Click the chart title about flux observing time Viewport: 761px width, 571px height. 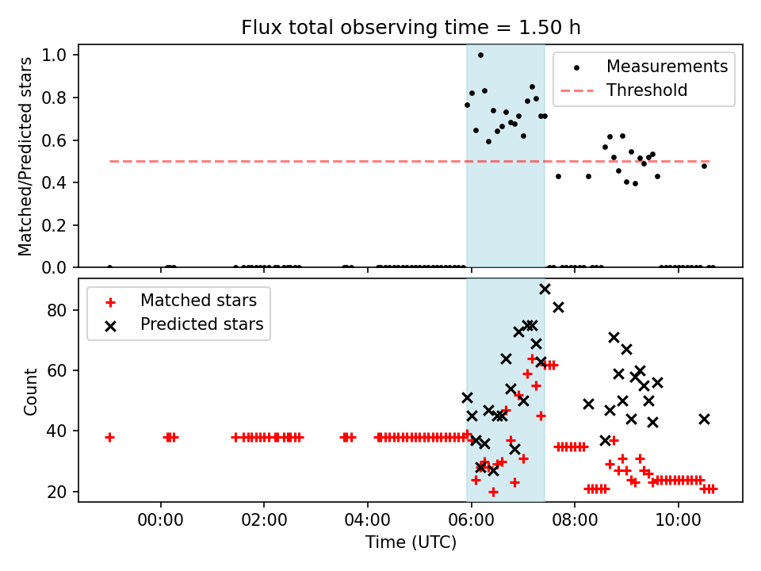tap(411, 28)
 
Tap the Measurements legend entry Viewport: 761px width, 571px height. tap(667, 67)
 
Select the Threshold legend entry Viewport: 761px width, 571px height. tap(647, 90)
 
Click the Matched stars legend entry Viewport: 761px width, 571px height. tap(198, 301)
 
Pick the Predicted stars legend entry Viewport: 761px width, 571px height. tap(201, 324)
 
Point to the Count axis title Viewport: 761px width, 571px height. tap(31, 391)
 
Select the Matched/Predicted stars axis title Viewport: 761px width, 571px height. tap(25, 156)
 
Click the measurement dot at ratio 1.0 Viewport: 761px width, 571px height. tap(480, 56)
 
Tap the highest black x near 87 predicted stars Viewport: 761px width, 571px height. tap(545, 289)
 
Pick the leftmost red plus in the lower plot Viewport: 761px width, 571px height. tap(109, 437)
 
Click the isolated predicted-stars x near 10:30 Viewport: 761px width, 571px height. tap(704, 419)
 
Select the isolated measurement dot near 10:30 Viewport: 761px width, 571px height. tap(704, 166)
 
